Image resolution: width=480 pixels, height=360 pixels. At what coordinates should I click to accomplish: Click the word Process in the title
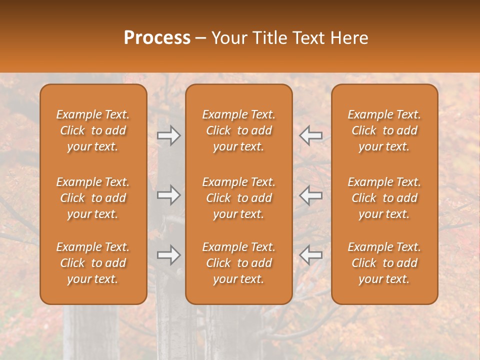click(x=157, y=38)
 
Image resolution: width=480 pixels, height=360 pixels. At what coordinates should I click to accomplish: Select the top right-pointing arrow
click(x=169, y=135)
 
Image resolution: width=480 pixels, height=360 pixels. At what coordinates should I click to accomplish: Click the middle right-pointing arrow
click(x=169, y=195)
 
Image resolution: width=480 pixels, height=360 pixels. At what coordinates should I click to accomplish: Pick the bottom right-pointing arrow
click(x=169, y=255)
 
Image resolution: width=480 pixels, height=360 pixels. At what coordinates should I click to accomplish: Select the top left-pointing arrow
click(x=310, y=135)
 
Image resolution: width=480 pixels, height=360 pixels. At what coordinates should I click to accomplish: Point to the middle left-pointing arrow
click(x=310, y=195)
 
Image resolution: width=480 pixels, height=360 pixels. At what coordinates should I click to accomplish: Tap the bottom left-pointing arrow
click(x=310, y=255)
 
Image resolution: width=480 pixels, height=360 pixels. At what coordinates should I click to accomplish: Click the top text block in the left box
click(x=93, y=130)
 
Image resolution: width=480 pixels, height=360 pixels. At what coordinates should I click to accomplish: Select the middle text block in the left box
click(x=93, y=198)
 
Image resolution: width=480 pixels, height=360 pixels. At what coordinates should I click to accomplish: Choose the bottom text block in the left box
click(x=93, y=263)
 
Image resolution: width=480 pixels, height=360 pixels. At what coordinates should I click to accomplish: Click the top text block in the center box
click(x=239, y=130)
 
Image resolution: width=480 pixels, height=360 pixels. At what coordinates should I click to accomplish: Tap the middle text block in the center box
click(x=239, y=198)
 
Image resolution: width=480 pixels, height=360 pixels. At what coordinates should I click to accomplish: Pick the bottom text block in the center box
click(x=239, y=263)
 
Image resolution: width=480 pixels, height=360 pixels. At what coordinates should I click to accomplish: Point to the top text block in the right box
click(x=384, y=130)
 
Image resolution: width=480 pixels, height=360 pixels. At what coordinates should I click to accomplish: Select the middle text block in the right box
click(x=384, y=198)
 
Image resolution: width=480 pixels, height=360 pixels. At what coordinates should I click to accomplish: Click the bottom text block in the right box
click(x=384, y=263)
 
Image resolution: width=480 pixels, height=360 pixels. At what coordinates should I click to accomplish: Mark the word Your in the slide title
click(x=228, y=38)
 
